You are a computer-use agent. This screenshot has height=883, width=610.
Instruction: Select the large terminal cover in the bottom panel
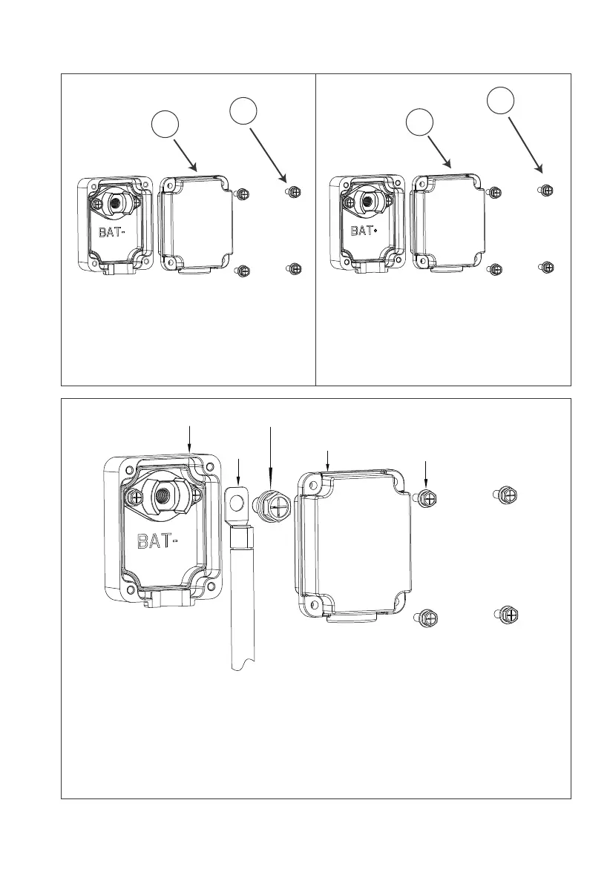coord(352,541)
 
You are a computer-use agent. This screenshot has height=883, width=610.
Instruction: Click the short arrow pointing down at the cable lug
coord(238,471)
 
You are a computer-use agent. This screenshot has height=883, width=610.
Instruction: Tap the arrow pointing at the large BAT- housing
coord(191,437)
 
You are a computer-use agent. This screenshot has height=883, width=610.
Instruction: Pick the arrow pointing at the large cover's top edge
coord(327,460)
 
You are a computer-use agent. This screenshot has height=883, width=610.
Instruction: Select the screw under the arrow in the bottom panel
coord(427,497)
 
